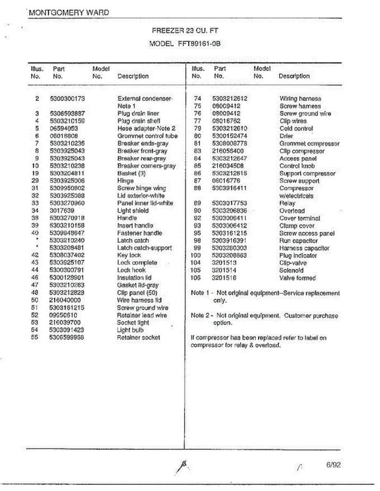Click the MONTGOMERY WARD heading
tap(69, 12)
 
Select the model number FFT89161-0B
tap(199, 43)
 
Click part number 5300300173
tap(67, 99)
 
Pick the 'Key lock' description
tap(129, 255)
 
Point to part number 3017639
tap(62, 211)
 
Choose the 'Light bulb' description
tap(131, 330)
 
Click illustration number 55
tap(35, 338)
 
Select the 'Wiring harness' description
tap(300, 99)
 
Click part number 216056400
tap(228, 151)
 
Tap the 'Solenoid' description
tap(291, 270)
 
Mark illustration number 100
tap(196, 256)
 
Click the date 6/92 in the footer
tap(334, 465)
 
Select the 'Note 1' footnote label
tap(200, 293)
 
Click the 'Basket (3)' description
tap(131, 173)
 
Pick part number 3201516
tap(224, 278)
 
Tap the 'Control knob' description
tap(297, 166)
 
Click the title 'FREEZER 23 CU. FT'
tap(185, 30)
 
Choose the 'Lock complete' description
tap(137, 263)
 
